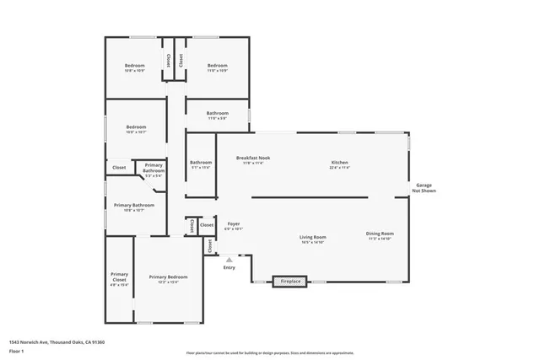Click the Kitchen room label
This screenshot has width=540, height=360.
[x=339, y=163]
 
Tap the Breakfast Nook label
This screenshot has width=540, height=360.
[x=253, y=158]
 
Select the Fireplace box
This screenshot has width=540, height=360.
[x=290, y=281]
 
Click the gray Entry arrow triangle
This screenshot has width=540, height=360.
[x=229, y=260]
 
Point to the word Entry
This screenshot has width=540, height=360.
[x=229, y=268]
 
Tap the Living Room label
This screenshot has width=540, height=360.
[x=312, y=237]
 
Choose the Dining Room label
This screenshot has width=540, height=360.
[x=380, y=234]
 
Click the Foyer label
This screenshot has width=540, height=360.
[x=233, y=223]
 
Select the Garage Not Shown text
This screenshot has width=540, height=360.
[x=424, y=188]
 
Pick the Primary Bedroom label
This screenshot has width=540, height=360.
[x=168, y=277]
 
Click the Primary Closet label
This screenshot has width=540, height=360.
[x=119, y=277]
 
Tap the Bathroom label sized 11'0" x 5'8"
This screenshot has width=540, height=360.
[x=218, y=113]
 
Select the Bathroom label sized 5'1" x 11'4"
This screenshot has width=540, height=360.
[x=201, y=163]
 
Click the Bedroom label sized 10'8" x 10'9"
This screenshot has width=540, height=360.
[x=135, y=66]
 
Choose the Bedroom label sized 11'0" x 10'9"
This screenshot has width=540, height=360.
[x=218, y=66]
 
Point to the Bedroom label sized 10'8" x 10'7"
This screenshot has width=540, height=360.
[x=136, y=127]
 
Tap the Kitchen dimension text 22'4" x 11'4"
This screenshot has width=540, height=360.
[x=339, y=168]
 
